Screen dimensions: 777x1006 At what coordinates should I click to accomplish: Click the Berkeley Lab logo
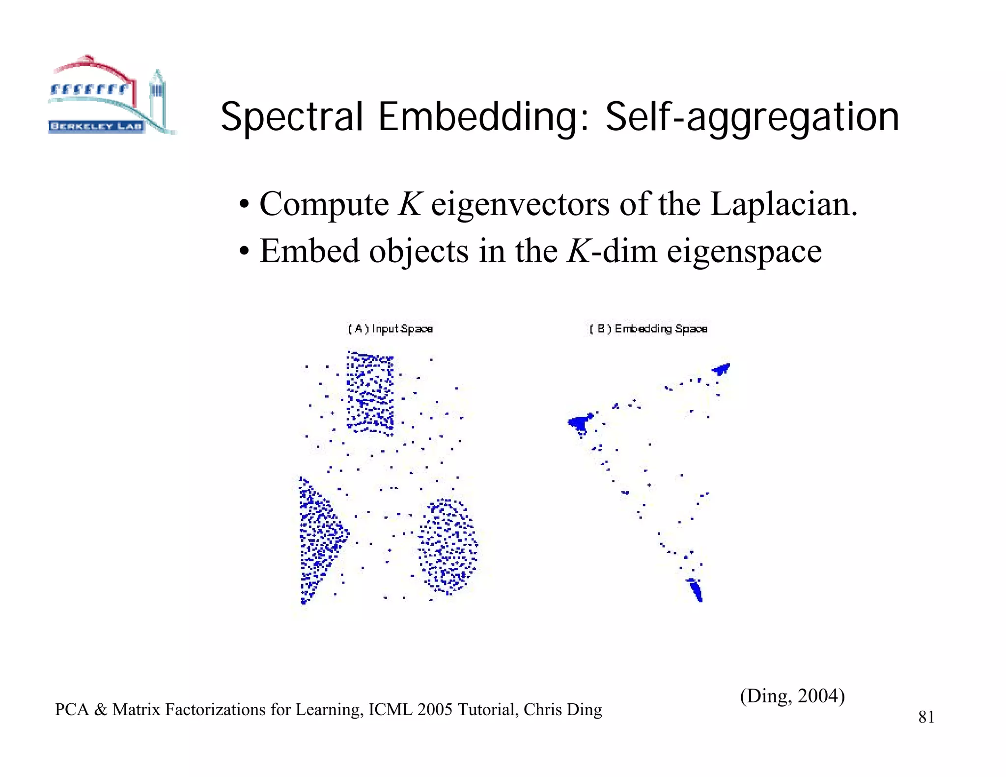(111, 96)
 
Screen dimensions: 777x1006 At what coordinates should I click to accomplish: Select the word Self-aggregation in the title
(752, 118)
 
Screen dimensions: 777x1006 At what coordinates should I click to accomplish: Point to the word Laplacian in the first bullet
(783, 204)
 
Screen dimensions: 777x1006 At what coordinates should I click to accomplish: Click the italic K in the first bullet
(410, 204)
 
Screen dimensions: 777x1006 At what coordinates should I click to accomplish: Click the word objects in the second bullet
(419, 251)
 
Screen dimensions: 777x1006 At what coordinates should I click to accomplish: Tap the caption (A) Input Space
(391, 329)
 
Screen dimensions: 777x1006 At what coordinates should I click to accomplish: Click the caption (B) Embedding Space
(648, 329)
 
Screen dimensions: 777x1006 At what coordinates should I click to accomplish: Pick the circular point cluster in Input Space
(447, 545)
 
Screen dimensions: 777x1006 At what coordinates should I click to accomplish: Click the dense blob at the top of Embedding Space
(721, 368)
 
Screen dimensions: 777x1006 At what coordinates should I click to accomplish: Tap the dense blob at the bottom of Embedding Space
(696, 589)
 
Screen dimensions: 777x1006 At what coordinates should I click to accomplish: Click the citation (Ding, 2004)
(792, 695)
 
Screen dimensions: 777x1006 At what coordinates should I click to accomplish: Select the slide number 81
(926, 717)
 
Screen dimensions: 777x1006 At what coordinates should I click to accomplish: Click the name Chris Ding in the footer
(563, 710)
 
